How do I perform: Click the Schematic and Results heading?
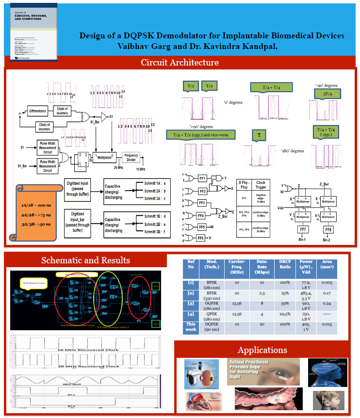coord(85,260)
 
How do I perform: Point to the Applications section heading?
coord(262,350)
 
